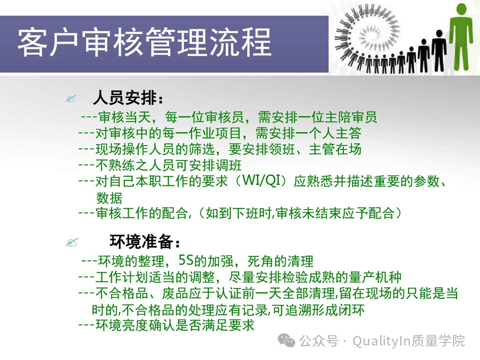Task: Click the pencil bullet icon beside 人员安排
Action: point(70,98)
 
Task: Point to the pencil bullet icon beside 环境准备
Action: point(71,242)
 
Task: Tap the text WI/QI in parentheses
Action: point(261,180)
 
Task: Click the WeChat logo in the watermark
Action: point(286,340)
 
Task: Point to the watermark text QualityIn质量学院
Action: point(408,340)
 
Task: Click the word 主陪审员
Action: point(350,117)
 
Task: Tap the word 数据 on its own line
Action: point(109,197)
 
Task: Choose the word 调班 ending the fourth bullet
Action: point(228,165)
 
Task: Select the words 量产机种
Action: point(375,277)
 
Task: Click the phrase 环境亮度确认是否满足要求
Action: point(175,325)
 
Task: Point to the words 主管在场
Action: point(335,149)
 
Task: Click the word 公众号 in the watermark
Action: point(318,340)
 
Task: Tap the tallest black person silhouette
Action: point(439,51)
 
